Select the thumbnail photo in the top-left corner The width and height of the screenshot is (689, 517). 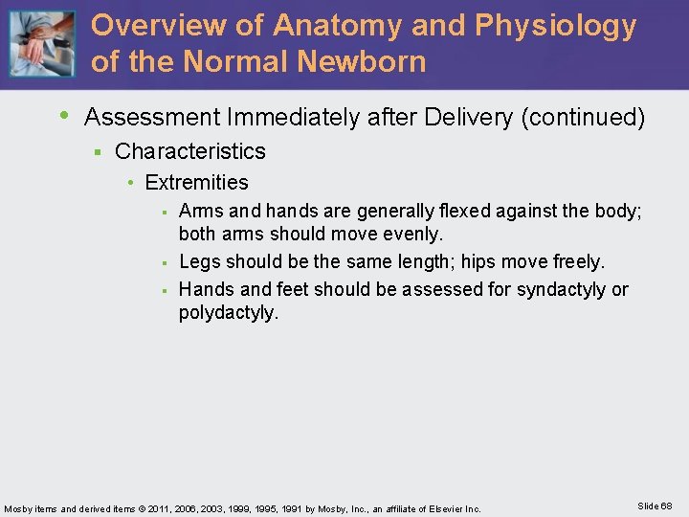[41, 44]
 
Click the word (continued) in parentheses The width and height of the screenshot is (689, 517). [583, 118]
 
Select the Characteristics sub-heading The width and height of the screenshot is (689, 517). [189, 151]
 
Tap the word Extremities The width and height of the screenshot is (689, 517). [196, 183]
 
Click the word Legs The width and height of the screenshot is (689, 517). [199, 261]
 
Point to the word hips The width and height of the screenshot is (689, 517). [482, 261]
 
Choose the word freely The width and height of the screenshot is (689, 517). [574, 261]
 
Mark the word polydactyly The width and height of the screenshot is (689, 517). [228, 313]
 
